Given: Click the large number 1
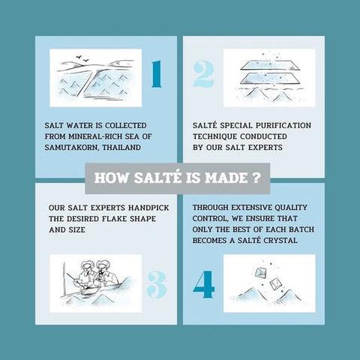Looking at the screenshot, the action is (157, 74).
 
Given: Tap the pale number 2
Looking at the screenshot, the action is (204, 74).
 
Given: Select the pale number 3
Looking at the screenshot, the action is (157, 285).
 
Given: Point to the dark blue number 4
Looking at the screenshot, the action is (204, 285).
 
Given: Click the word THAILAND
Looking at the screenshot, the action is (121, 148).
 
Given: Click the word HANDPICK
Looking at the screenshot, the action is (148, 208).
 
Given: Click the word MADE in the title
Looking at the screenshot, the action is (226, 178).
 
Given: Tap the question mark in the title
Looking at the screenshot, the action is (256, 178).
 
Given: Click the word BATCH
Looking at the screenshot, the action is (301, 229).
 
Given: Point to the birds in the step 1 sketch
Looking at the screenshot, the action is (82, 58).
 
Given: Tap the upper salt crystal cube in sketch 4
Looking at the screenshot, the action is (261, 272).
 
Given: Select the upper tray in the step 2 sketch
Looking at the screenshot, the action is (269, 64).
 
